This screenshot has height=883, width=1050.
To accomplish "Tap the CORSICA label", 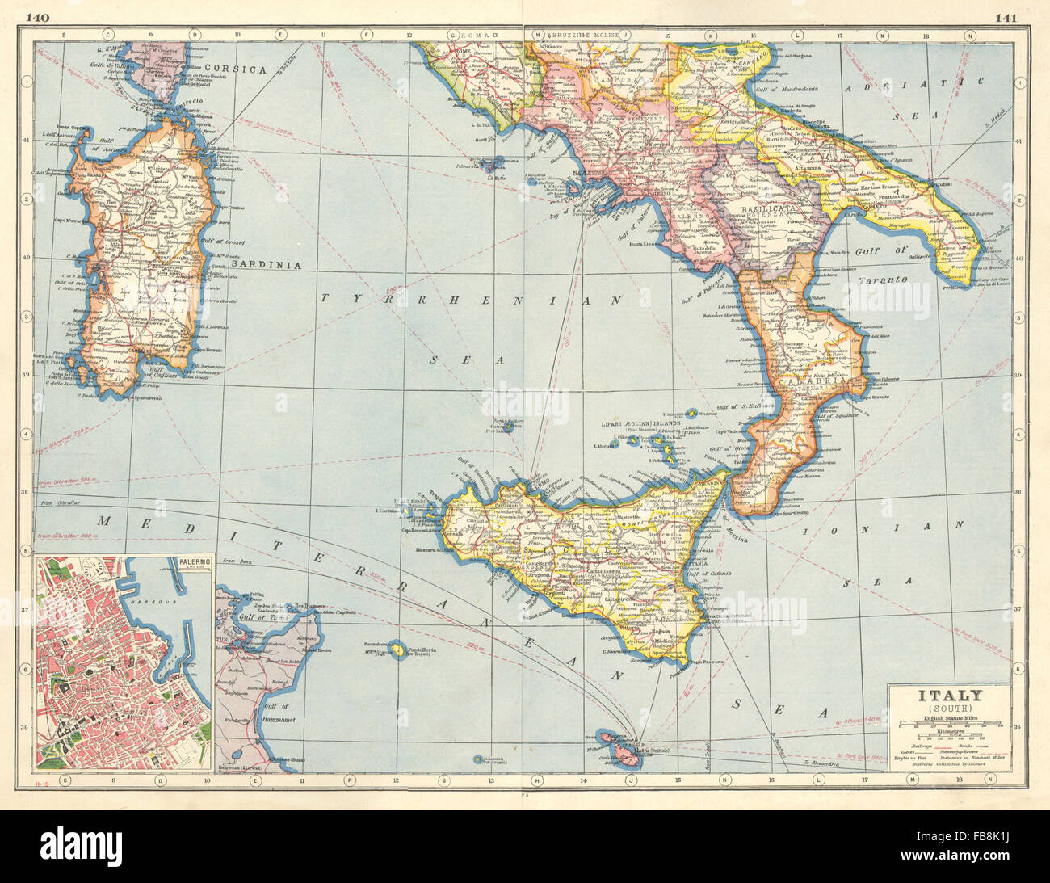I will [235, 70].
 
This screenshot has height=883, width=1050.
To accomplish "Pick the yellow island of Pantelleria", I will [398, 650].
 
